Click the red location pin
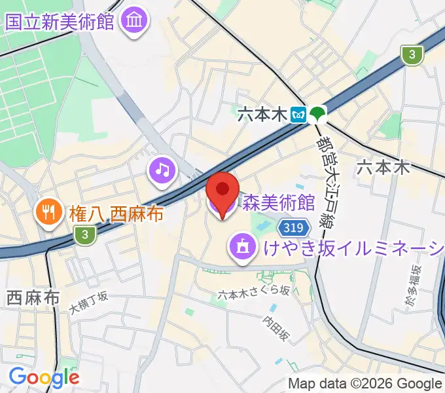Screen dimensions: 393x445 [222, 192]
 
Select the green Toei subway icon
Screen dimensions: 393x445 [318, 115]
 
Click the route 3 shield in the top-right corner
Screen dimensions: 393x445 [412, 56]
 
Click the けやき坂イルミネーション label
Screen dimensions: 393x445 [353, 248]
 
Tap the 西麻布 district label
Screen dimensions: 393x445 [27, 297]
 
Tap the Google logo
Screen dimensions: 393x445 [44, 377]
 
